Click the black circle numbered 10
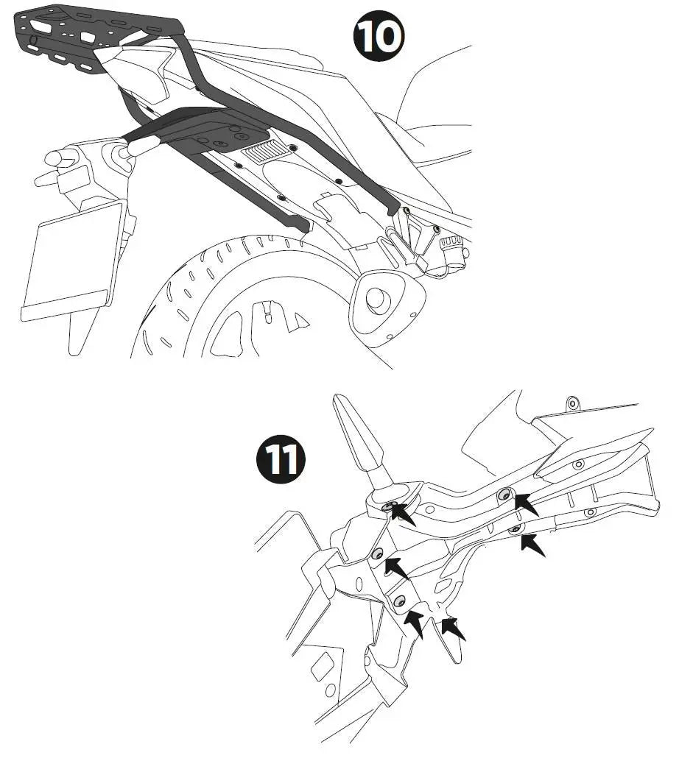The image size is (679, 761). point(378,36)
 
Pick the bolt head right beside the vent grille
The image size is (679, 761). point(293,147)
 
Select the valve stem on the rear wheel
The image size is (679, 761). point(267,311)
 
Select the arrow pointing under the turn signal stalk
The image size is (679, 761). point(403,515)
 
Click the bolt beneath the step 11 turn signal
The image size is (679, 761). point(387,507)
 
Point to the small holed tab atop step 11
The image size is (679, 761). point(574,403)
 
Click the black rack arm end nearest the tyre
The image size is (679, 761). point(302,224)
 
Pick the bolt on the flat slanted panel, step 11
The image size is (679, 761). point(578,464)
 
